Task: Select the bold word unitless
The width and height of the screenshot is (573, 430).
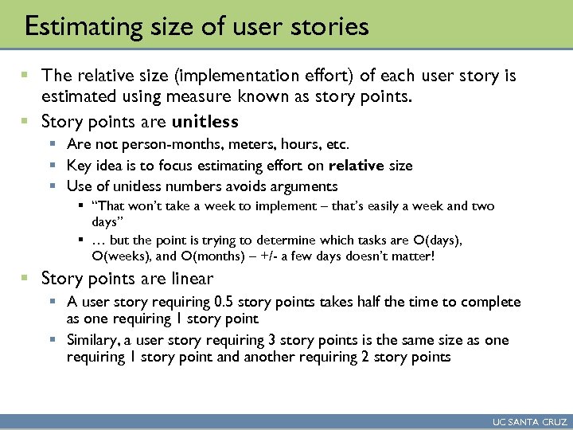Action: (205, 122)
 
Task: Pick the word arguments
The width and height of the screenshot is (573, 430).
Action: (305, 186)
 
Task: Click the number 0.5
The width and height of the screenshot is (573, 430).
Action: (225, 302)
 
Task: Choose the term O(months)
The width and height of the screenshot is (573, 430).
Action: (213, 256)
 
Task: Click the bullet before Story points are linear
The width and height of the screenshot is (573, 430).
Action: (25, 279)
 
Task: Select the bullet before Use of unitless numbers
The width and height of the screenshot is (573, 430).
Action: (53, 186)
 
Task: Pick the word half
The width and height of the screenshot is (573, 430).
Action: (396, 302)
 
